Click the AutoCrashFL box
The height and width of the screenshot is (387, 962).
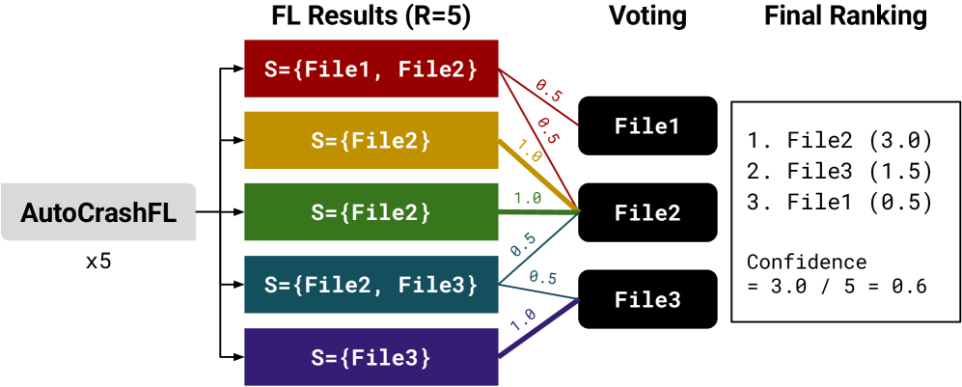point(98,212)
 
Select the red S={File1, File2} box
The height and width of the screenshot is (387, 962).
point(371,69)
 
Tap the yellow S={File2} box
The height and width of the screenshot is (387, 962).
point(371,140)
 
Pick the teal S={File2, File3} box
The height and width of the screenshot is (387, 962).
point(371,285)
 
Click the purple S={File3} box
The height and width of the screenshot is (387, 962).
point(371,357)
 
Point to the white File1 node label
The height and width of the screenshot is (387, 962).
point(647,126)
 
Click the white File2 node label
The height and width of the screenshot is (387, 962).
point(647,212)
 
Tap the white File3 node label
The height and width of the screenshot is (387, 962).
point(647,300)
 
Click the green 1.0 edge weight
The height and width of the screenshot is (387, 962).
point(526,197)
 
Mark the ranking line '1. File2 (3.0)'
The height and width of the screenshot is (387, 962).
point(839,141)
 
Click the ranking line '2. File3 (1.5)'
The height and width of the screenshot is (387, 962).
point(839,172)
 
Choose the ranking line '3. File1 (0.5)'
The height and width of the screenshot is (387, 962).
point(839,203)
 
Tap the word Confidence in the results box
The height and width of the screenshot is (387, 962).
point(807,263)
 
